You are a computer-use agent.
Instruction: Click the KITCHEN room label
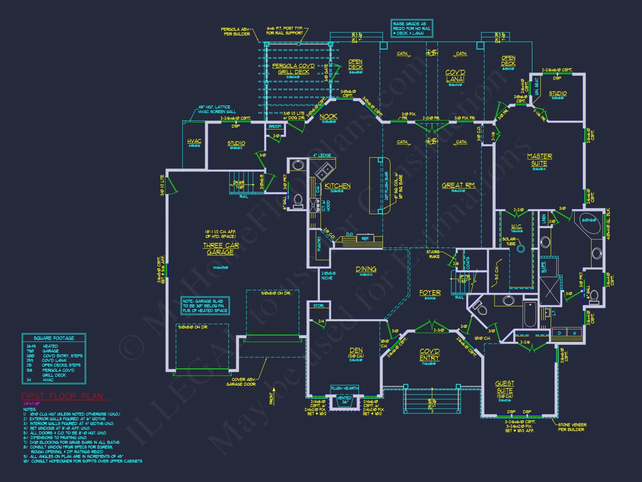point(337,186)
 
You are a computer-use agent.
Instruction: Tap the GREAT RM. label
point(458,185)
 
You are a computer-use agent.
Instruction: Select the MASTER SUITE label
point(539,160)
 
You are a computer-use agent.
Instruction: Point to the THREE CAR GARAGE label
point(221,249)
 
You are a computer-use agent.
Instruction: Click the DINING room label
point(366,269)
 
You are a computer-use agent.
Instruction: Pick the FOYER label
point(430,293)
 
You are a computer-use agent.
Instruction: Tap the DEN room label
point(356,350)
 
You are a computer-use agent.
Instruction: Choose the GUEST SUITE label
point(505,387)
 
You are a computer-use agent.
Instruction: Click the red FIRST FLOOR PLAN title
point(63,396)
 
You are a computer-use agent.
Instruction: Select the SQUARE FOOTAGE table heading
point(54,338)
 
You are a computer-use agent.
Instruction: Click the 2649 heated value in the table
point(31,346)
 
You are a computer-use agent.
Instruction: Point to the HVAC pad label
point(194,141)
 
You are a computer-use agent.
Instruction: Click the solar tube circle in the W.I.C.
point(521,249)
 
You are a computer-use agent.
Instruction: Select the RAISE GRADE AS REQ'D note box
point(412,28)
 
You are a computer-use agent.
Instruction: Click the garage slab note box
point(205,306)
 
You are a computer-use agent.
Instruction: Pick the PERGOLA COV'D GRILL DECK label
point(293,69)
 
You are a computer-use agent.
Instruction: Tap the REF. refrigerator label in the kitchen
point(365,239)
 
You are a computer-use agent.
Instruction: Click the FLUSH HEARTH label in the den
point(345,388)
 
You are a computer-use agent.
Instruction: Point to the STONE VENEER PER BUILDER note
point(572,427)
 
